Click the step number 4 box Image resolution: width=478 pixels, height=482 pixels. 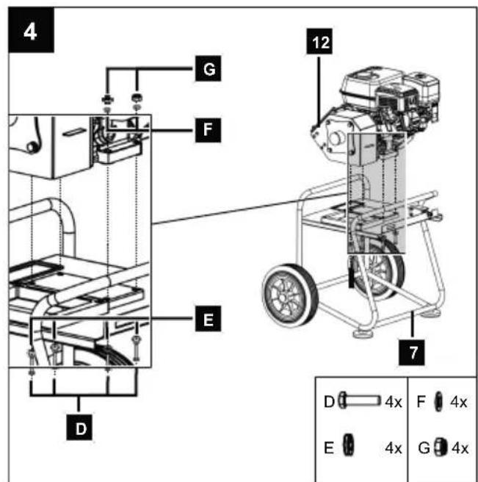(x=31, y=30)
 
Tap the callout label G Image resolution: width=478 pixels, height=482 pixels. (x=208, y=68)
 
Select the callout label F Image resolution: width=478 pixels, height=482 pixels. (x=208, y=130)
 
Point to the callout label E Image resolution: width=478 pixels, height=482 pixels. (x=208, y=319)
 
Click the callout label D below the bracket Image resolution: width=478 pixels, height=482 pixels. (x=79, y=428)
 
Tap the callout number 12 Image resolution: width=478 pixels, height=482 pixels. (x=319, y=41)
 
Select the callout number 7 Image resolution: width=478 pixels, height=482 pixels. (x=412, y=353)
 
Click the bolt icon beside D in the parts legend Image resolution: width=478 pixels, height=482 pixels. (x=359, y=400)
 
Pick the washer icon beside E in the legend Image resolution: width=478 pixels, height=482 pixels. (x=348, y=445)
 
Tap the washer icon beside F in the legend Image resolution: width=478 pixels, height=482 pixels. (x=438, y=401)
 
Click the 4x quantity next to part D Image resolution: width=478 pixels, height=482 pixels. (x=394, y=401)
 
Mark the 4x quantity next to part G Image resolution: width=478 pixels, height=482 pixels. (x=460, y=448)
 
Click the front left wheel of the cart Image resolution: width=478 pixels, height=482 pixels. (x=290, y=295)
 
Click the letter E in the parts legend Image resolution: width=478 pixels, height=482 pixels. (x=329, y=448)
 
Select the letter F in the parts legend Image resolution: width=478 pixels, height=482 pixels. (x=421, y=401)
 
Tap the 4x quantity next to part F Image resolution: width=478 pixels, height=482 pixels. (x=459, y=401)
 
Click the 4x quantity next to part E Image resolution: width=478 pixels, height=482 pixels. (x=394, y=448)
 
